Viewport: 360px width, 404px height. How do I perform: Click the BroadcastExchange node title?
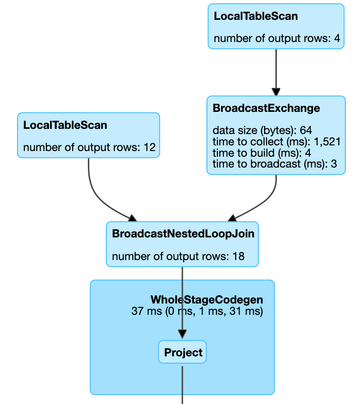266,108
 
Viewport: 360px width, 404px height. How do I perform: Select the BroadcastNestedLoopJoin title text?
183,234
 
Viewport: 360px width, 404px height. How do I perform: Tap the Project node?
183,352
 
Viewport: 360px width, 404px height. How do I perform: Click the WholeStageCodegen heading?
206,300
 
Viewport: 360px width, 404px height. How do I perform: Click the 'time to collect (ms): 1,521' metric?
276,142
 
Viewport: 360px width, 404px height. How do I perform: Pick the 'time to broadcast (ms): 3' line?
276,164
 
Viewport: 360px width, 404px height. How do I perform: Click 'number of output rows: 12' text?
89,147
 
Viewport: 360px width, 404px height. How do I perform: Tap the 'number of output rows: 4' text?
276,38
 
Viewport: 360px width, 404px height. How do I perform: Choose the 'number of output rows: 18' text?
178,257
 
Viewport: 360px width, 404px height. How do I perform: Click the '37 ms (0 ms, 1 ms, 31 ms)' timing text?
197,311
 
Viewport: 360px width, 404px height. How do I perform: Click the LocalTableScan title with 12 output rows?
65,125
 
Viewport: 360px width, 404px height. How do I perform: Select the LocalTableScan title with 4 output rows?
256,16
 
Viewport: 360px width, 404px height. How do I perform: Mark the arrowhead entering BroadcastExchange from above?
276,92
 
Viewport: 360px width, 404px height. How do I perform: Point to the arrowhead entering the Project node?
182,335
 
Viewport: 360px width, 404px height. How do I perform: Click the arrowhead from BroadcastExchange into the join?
233,218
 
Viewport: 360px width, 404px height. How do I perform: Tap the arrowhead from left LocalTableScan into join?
132,218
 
